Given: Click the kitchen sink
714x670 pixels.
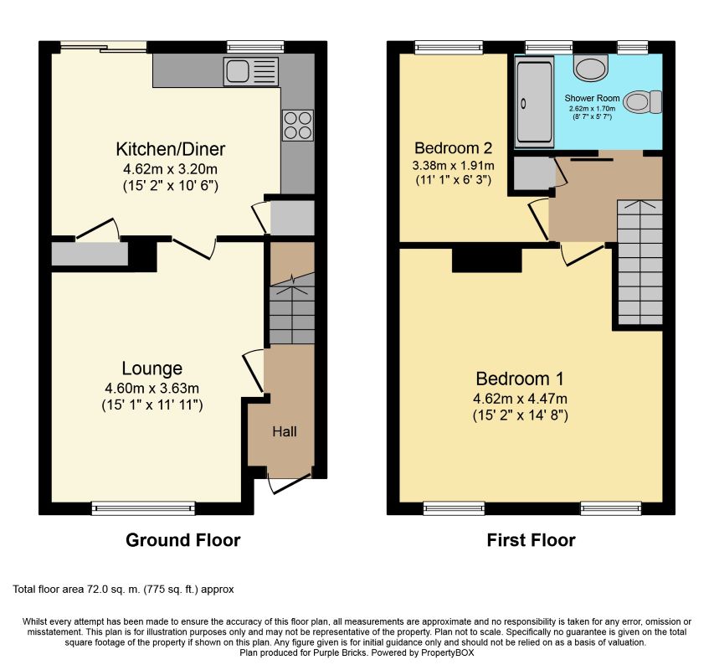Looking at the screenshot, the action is [251, 71].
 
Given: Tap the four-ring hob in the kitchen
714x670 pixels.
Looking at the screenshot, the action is [298, 126].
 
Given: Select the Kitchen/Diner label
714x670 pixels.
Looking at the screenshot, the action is [170, 149].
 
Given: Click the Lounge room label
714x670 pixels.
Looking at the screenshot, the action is [152, 368].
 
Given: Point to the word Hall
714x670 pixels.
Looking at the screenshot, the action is [285, 431].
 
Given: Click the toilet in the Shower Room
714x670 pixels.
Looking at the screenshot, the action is [643, 102].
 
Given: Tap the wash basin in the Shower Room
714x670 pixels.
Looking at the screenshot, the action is [591, 68].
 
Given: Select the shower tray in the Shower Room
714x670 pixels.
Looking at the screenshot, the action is [534, 101].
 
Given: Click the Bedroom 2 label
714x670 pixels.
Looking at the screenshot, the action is [453, 148].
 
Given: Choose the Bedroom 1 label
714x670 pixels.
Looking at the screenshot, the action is [520, 379].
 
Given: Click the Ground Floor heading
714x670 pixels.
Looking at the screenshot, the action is [183, 539].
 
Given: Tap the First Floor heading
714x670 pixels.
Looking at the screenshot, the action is [531, 539].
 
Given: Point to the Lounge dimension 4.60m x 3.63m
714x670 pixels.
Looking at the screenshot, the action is [152, 388].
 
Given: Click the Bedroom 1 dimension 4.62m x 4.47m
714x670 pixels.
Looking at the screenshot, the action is [520, 399].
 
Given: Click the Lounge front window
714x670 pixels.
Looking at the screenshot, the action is [143, 508].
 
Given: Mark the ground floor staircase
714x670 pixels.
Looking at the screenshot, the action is [291, 308].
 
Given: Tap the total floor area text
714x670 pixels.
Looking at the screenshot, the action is [123, 590].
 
